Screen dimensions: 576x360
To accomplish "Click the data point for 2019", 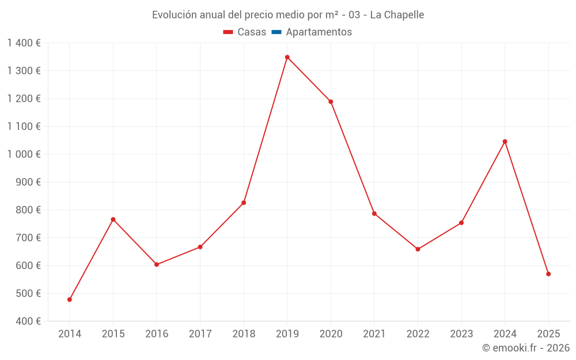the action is point(287,57).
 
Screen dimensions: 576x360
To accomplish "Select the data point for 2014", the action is point(70,300).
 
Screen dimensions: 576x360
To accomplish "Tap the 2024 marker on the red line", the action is point(505,142).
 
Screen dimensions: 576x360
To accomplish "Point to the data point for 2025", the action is point(548,274).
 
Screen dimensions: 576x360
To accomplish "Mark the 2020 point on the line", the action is point(331,102).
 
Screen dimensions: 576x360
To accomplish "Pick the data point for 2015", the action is point(113,219).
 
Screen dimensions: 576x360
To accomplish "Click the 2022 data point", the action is point(418,249).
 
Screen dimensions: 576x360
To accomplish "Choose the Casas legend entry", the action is point(245,32).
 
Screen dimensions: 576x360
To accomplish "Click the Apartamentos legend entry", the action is point(312,32).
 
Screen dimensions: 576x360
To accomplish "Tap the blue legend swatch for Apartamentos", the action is point(276,32).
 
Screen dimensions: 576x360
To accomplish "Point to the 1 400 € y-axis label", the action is point(24,43).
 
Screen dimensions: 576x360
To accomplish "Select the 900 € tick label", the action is point(28,182).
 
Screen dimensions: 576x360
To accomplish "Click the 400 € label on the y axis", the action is point(28,321).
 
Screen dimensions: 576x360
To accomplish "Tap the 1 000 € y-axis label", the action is point(24,154).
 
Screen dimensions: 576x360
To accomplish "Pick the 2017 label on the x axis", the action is point(200,334).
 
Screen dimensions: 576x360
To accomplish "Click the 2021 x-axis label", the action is point(374,334).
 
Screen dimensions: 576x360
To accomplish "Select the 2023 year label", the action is point(461,334).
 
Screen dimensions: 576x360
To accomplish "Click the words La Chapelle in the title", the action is point(397,15).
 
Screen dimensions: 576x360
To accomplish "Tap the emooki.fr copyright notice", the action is point(526,348).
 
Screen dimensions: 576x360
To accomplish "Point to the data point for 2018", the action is point(244,203).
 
